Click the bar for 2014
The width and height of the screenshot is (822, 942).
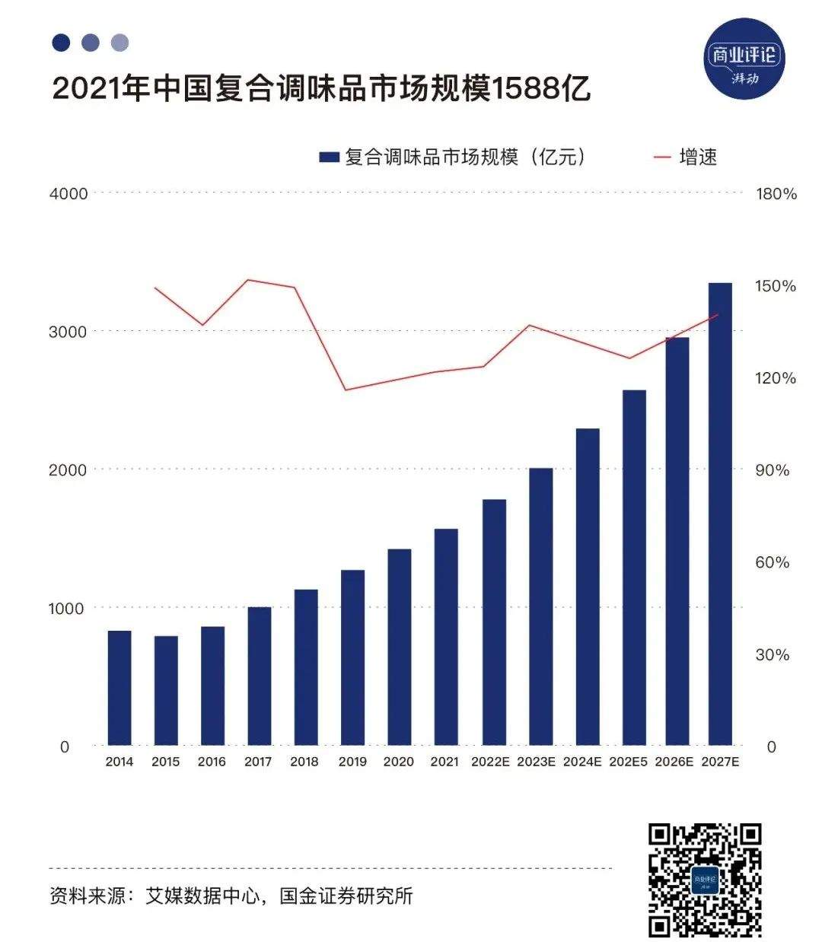(119, 688)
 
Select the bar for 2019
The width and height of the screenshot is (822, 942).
(352, 657)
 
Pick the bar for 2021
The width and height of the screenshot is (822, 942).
(446, 637)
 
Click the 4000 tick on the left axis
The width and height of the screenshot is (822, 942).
(68, 194)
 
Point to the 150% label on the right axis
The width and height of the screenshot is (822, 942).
(776, 286)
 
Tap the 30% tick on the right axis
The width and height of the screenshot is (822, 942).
(772, 654)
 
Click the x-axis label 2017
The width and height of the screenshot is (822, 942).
(258, 762)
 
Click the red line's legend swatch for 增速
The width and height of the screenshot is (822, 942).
(662, 158)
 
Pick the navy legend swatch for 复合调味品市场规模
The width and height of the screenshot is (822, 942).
(329, 158)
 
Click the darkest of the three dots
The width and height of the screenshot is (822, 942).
(61, 43)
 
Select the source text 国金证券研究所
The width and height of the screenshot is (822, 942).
(346, 896)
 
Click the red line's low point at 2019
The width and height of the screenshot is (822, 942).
(345, 390)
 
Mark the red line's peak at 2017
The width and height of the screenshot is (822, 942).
(249, 279)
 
